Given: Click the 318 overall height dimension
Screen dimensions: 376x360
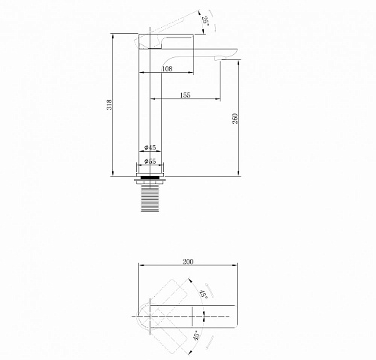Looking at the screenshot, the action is tap(110, 104).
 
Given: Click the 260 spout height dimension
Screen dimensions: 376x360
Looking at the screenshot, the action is tap(235, 119).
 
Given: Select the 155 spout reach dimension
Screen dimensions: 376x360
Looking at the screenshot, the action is tap(185, 95).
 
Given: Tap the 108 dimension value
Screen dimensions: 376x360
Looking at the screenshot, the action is tap(167, 68).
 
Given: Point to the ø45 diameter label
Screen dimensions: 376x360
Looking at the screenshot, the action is tap(150, 147).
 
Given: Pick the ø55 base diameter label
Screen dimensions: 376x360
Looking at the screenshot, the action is tap(150, 161).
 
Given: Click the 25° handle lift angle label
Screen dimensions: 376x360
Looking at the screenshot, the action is tap(205, 22).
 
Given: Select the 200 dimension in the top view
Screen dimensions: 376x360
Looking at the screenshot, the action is tap(188, 262).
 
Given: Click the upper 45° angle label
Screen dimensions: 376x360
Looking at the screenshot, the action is tap(203, 295).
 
